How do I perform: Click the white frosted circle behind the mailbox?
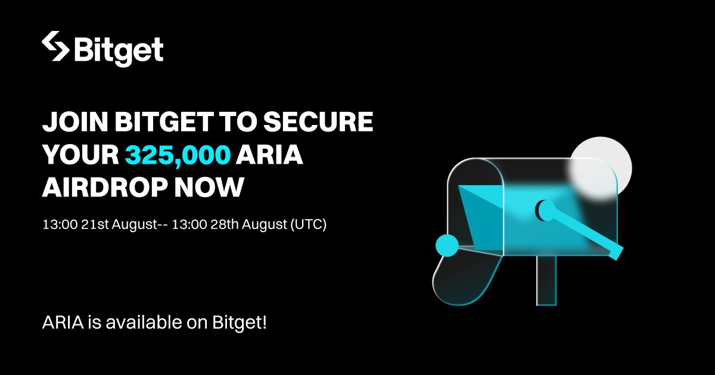601,165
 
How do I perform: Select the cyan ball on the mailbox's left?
447,245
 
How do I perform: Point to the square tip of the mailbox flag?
615,252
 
